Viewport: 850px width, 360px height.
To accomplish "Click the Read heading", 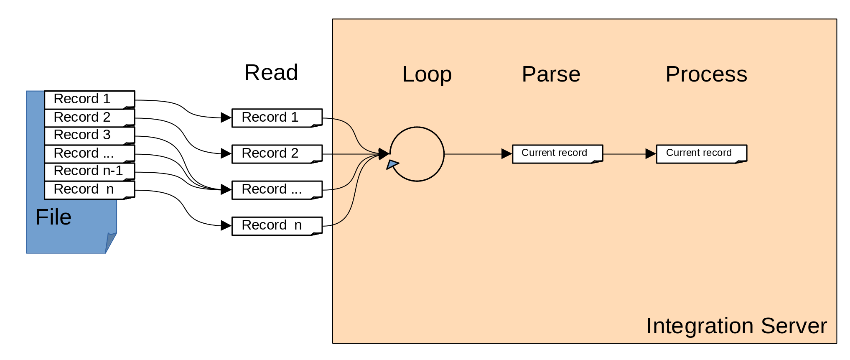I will [271, 73].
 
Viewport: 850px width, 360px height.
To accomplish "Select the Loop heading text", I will [427, 74].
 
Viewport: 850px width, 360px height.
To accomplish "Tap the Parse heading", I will [551, 74].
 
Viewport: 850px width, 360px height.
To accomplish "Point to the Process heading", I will [706, 74].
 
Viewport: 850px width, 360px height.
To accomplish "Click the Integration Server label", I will [736, 326].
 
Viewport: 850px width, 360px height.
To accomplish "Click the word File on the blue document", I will [53, 217].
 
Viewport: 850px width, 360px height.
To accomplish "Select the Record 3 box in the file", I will [89, 135].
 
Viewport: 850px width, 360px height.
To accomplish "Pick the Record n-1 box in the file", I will [89, 171].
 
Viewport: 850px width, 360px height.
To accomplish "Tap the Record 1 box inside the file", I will [89, 99].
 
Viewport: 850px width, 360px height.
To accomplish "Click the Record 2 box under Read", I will [277, 153].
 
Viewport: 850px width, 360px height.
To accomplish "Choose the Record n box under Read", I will [277, 225].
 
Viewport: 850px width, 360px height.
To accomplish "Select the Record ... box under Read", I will [277, 189].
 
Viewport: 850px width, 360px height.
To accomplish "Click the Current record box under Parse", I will [557, 153].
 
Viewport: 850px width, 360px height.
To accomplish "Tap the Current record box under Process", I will [701, 153].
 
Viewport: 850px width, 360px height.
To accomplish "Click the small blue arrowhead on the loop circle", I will [392, 164].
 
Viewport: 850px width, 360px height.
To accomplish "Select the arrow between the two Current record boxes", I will [629, 154].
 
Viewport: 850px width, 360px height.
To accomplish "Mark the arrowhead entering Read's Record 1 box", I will [226, 117].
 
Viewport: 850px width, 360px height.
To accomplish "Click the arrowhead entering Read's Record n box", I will [226, 226].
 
